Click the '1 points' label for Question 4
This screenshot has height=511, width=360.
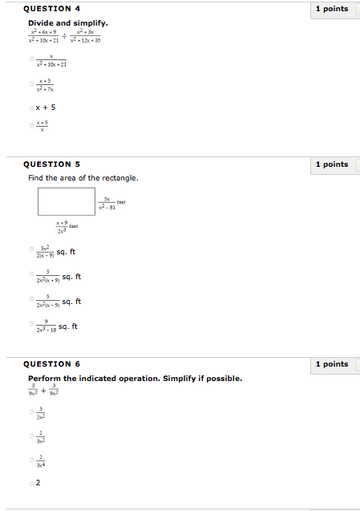point(332,9)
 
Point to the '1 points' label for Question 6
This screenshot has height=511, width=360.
point(332,364)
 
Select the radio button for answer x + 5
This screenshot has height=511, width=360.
point(31,107)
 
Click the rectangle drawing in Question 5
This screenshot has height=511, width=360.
point(67,201)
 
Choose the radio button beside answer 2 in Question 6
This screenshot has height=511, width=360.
point(31,483)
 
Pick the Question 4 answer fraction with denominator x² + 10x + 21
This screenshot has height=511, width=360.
point(51,60)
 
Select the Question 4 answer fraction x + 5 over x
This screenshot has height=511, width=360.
point(42,126)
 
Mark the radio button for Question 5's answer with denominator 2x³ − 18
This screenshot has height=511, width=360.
point(31,327)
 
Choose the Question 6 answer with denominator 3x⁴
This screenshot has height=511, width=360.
point(41,460)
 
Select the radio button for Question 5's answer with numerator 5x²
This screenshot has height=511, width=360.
point(31,252)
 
